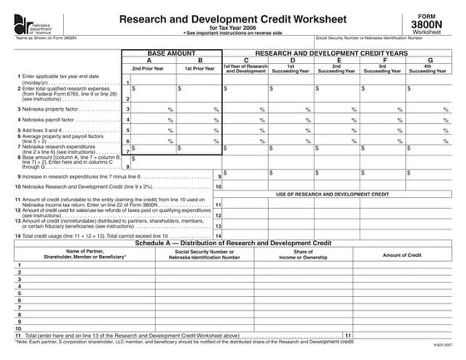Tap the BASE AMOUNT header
tap(176, 52)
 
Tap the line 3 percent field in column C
tap(246, 109)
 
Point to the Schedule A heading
tap(232, 244)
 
